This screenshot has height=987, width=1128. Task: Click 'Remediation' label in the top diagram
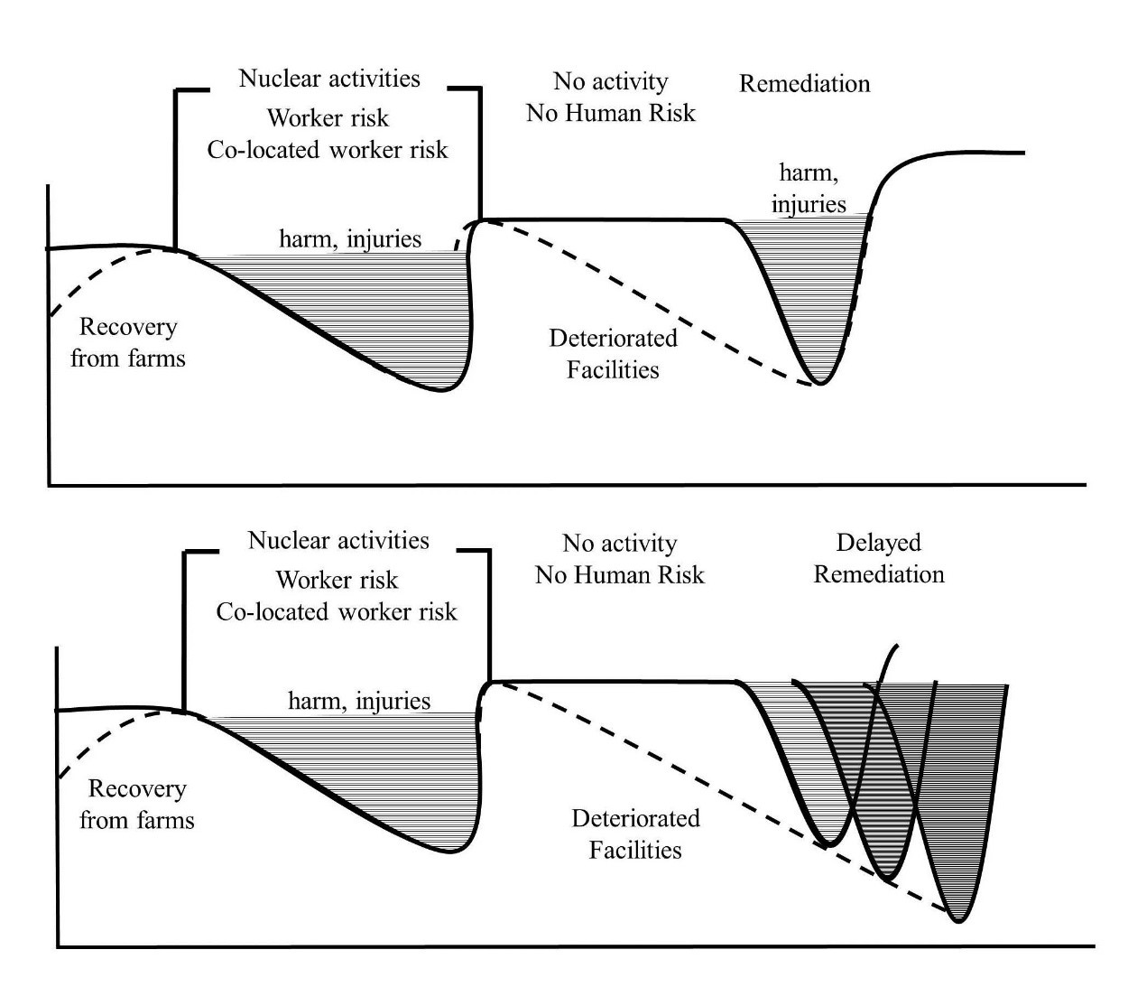(804, 84)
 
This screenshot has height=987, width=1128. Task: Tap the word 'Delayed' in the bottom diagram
(878, 543)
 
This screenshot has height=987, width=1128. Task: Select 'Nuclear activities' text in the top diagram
(329, 79)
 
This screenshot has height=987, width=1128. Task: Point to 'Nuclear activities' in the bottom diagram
(338, 540)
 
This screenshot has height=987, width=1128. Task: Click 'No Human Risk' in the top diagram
(610, 113)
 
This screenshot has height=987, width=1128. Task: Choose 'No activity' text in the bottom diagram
(619, 544)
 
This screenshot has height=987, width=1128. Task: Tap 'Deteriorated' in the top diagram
(613, 339)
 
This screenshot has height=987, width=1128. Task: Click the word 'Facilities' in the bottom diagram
(635, 850)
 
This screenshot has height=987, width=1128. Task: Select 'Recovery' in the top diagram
(128, 327)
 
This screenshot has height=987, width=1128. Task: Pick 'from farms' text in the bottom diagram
(137, 820)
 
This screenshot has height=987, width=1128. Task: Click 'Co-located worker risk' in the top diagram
(328, 150)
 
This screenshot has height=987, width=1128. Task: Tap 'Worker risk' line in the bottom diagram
(337, 580)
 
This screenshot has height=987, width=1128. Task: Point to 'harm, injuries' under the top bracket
(350, 239)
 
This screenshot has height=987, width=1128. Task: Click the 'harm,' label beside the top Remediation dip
(809, 173)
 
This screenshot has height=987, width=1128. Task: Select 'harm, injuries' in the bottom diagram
(359, 702)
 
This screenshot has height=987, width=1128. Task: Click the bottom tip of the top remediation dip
(820, 384)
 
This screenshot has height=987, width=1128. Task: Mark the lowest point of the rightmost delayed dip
(959, 921)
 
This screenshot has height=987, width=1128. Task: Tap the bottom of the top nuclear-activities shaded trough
(441, 390)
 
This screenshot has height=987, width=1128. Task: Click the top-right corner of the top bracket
(480, 88)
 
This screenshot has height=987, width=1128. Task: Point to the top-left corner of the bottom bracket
(184, 551)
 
